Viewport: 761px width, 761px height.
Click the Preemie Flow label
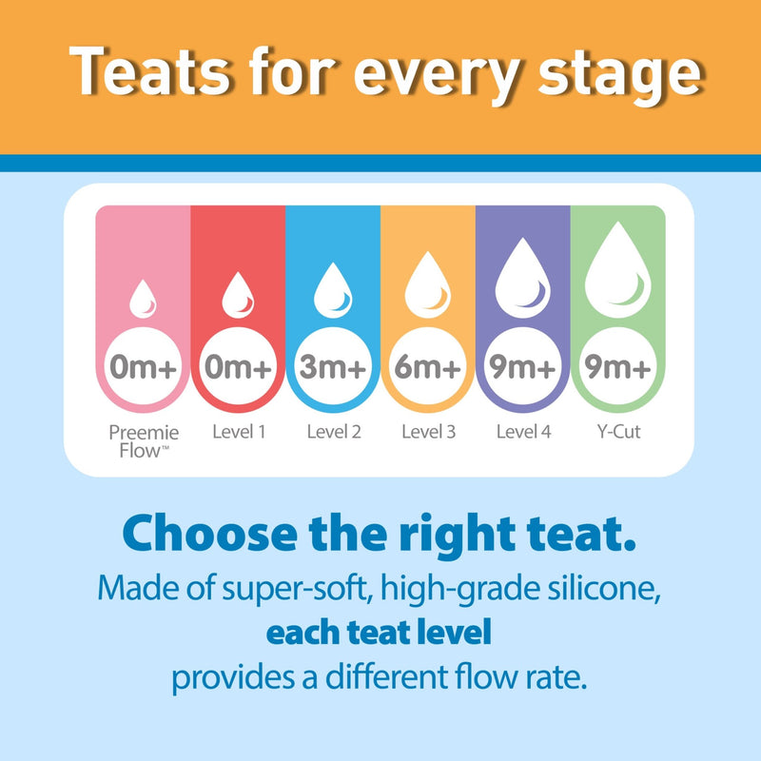143,439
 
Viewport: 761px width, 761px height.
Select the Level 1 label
238,432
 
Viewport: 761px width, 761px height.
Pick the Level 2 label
333,432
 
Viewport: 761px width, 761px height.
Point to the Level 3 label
428,432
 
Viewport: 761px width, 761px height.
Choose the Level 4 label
522,432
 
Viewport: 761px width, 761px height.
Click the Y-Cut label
617,432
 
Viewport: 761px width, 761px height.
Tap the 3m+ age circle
333,366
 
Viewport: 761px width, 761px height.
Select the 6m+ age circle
428,366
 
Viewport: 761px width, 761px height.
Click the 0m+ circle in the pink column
143,366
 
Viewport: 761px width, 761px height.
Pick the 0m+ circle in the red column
238,366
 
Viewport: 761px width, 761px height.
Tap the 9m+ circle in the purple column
522,366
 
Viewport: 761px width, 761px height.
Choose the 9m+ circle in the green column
617,366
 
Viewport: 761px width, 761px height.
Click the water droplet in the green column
617,271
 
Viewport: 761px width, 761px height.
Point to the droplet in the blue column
333,288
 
